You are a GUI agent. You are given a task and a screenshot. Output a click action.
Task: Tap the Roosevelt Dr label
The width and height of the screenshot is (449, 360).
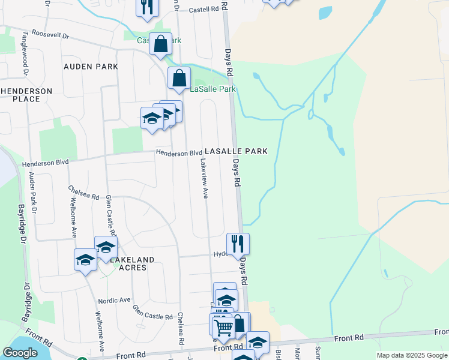pyautogui.click(x=50, y=35)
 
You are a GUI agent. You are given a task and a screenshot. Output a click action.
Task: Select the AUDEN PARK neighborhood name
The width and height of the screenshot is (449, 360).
pyautogui.click(x=88, y=67)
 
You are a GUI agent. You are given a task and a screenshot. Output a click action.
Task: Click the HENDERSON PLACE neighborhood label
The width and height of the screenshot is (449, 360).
pyautogui.click(x=26, y=95)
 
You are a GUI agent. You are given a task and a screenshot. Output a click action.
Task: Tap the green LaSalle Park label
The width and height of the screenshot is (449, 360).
pyautogui.click(x=213, y=89)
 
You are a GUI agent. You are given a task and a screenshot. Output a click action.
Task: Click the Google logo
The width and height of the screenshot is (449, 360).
pyautogui.click(x=20, y=353)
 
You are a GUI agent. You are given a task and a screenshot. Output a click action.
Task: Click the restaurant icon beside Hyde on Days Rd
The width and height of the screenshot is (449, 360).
pyautogui.click(x=238, y=243)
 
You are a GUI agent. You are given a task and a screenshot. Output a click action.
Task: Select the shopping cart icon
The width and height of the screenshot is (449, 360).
pyautogui.click(x=223, y=326)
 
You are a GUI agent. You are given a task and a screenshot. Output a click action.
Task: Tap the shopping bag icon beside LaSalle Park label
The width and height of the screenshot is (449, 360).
pyautogui.click(x=179, y=77)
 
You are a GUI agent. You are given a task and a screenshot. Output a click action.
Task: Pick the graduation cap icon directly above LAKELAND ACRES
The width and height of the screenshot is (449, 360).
pyautogui.click(x=106, y=247)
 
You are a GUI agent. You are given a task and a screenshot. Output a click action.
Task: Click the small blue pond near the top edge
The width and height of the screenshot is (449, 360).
pyautogui.click(x=325, y=12)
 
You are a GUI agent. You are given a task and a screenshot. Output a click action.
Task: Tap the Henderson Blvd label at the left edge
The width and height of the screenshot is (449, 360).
pyautogui.click(x=46, y=163)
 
